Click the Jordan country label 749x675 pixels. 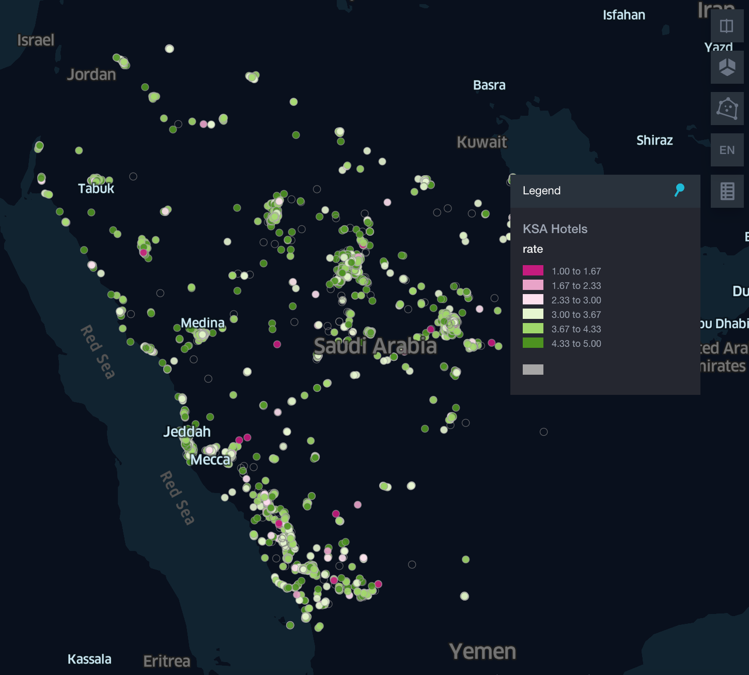(91, 74)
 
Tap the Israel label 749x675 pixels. (36, 40)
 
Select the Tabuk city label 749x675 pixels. (96, 188)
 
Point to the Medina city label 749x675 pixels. (202, 323)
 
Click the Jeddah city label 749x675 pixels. (187, 432)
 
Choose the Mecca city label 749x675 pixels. (210, 459)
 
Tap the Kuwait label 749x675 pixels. (481, 142)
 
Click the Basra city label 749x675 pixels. (489, 85)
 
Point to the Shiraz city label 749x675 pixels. (654, 141)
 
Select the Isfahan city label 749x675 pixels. (624, 15)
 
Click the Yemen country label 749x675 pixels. (482, 652)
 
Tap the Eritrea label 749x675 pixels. (167, 661)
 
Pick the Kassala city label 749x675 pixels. (89, 659)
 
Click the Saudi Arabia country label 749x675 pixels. (376, 346)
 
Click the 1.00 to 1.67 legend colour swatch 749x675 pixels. (533, 271)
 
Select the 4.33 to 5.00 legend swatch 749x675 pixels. (533, 343)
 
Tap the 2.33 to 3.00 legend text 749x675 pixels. (576, 300)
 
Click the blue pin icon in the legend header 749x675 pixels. (679, 190)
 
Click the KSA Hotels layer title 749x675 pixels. (555, 229)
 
